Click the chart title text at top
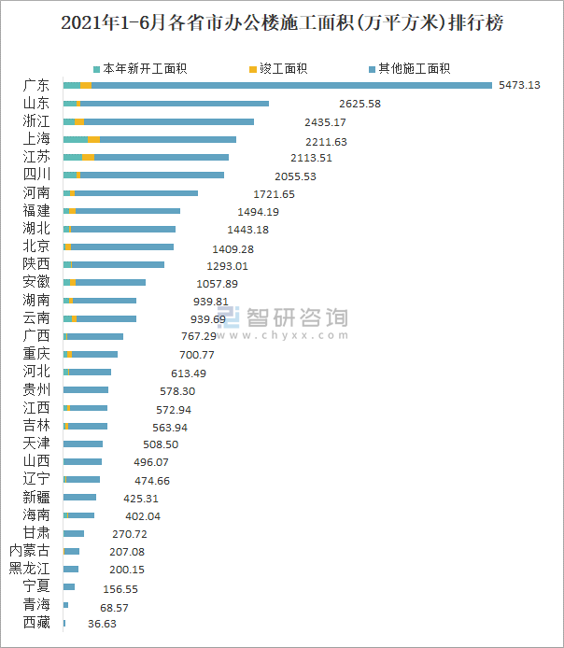click(x=281, y=23)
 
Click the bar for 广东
click(x=280, y=86)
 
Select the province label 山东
click(x=36, y=104)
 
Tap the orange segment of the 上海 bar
click(x=93, y=139)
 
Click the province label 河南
click(x=36, y=193)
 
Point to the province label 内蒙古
click(x=30, y=551)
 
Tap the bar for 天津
click(x=82, y=444)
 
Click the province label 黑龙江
click(x=30, y=569)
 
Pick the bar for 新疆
click(x=79, y=497)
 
